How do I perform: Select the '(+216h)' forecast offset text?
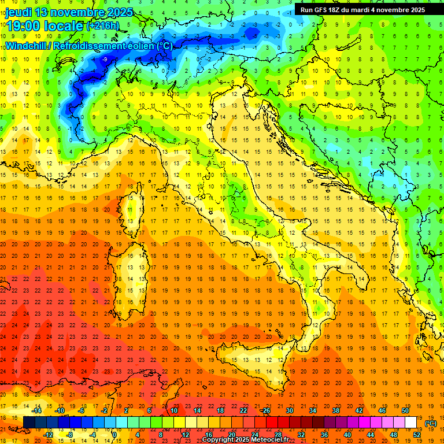[x=103, y=26]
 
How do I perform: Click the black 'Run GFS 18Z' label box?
[x=362, y=9]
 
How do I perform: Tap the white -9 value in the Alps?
[x=105, y=60]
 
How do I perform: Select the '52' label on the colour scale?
[x=417, y=435]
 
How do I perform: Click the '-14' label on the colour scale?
[x=37, y=410]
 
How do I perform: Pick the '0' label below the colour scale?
[x=114, y=435]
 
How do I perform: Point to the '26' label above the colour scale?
[x=266, y=410]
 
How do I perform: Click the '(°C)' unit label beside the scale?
[x=431, y=423]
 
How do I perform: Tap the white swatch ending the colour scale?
[x=411, y=423]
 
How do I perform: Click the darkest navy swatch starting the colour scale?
[x=29, y=423]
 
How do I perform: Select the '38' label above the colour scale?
[x=335, y=410]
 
